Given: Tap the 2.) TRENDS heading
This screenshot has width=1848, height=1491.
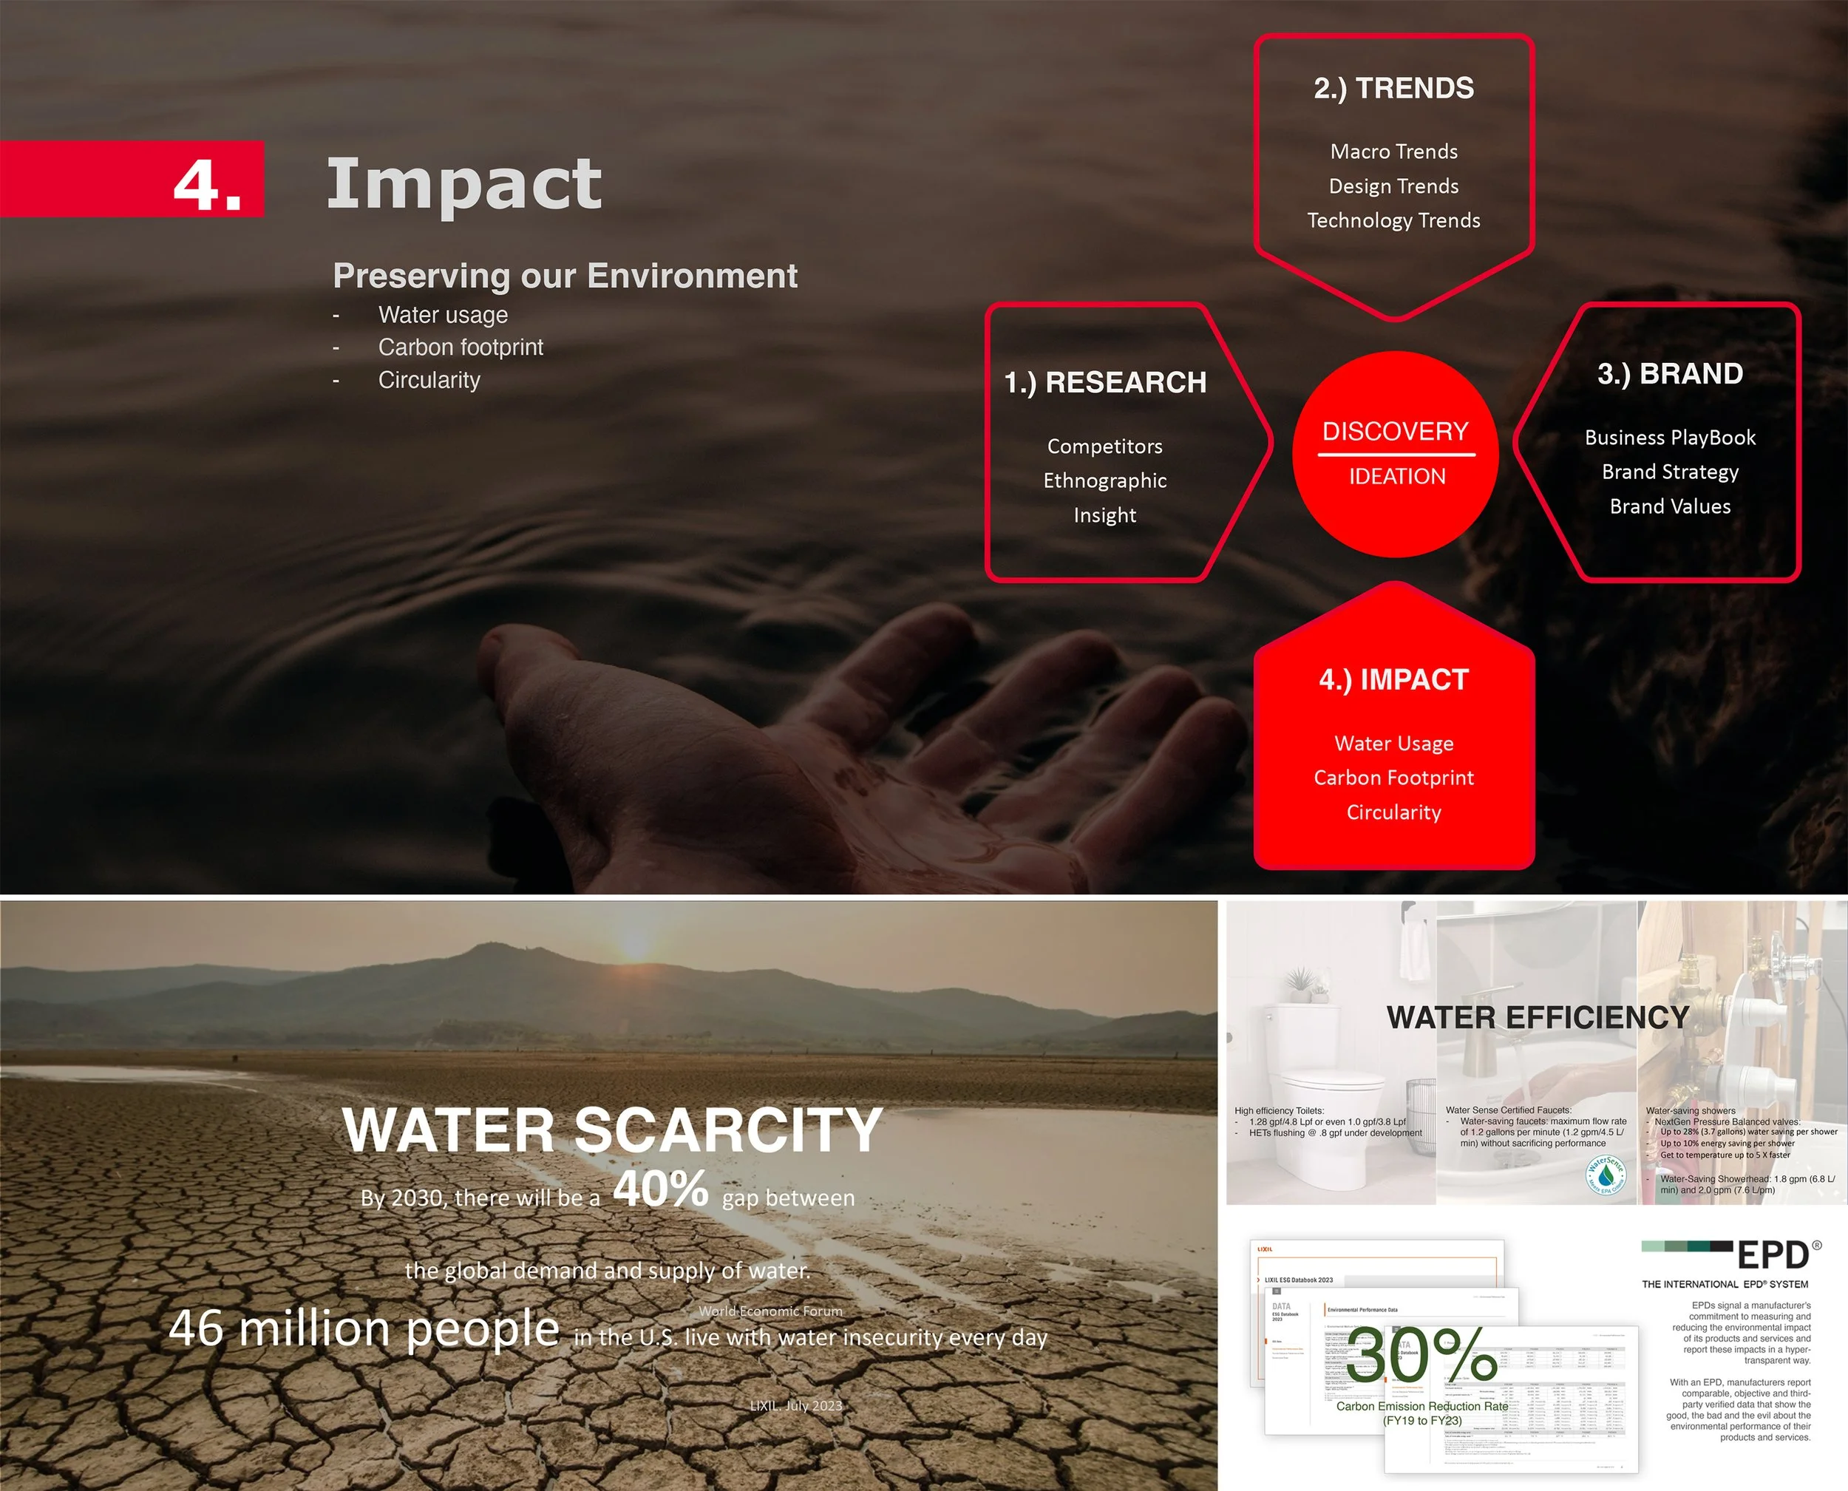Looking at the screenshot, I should point(1393,89).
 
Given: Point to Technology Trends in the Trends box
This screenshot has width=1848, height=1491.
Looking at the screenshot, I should point(1393,221).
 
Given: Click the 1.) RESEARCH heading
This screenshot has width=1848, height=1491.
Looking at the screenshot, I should point(1105,382).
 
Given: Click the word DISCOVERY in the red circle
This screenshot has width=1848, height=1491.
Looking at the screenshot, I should point(1396,430).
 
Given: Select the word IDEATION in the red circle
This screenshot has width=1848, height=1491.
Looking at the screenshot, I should point(1396,476).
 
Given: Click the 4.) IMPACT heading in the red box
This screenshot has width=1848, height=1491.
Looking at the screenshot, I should point(1393,679).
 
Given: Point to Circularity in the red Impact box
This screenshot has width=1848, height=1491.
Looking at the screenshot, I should point(1393,812).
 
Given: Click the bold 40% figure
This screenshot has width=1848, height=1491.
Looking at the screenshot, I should point(660,1189).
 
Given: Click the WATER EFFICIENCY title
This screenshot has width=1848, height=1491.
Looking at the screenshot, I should point(1537,1018).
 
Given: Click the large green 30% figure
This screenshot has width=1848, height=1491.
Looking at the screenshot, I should point(1421,1355).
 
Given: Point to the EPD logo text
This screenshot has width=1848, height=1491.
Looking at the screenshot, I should point(1773,1256).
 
